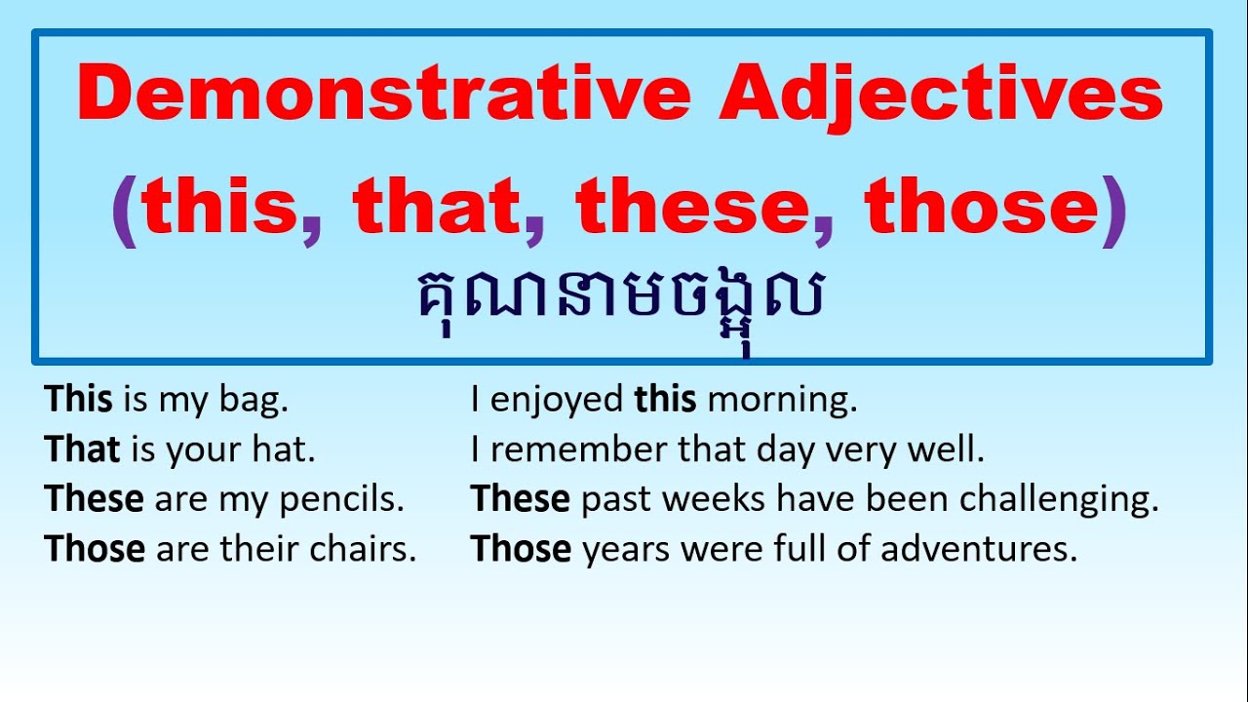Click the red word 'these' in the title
(x=694, y=209)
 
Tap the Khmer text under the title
(x=620, y=298)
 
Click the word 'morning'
(x=782, y=400)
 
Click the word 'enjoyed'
(x=557, y=401)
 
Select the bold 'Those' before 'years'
(x=521, y=550)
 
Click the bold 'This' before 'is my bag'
(x=79, y=400)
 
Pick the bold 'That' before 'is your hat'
(x=82, y=449)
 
